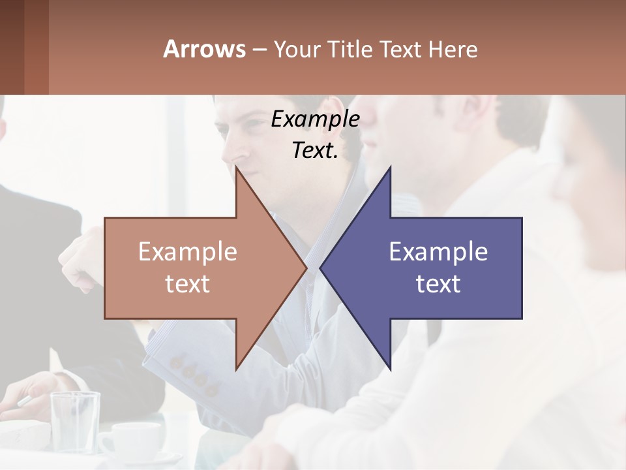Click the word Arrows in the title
click(204, 49)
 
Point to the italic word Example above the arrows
click(315, 119)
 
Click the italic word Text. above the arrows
click(315, 151)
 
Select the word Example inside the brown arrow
click(188, 252)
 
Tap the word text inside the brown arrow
click(188, 284)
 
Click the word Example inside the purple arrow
click(438, 252)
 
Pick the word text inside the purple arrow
click(438, 284)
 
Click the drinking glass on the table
click(75, 421)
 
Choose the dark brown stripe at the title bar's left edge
click(12, 47)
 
